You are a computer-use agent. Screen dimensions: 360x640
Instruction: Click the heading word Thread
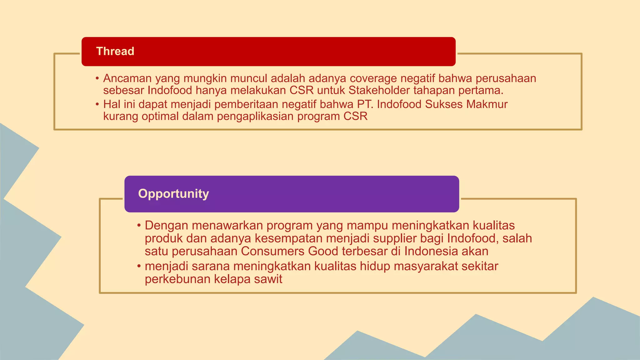(x=115, y=51)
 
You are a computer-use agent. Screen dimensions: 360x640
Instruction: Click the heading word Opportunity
(x=173, y=194)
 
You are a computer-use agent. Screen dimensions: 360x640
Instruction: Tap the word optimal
(x=160, y=117)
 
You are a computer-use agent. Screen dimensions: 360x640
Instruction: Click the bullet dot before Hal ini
(x=97, y=104)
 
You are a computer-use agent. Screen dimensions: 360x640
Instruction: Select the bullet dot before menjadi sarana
(x=139, y=266)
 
